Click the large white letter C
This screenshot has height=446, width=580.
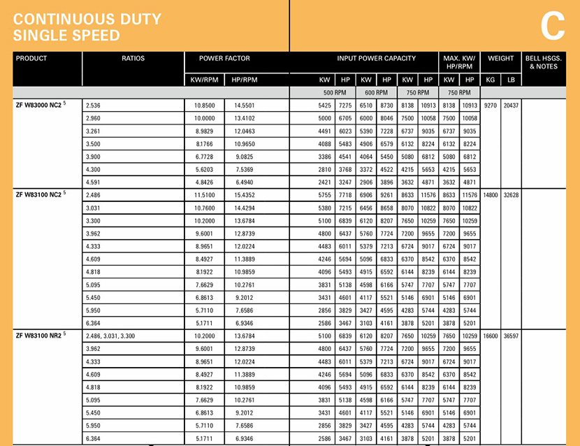pyautogui.click(x=552, y=26)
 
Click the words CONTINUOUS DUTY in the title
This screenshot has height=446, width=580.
pyautogui.click(x=87, y=19)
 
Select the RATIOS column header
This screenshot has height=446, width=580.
pyautogui.click(x=133, y=59)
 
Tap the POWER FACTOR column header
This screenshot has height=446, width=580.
pyautogui.click(x=224, y=59)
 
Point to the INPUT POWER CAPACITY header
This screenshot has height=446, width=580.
pyautogui.click(x=376, y=59)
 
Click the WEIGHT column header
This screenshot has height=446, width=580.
pyautogui.click(x=501, y=59)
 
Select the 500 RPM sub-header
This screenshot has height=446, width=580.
pyautogui.click(x=334, y=92)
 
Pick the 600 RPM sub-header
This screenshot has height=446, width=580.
pyautogui.click(x=375, y=92)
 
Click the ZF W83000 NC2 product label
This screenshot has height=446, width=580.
pyautogui.click(x=41, y=105)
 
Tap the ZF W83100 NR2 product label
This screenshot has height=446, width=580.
pyautogui.click(x=41, y=336)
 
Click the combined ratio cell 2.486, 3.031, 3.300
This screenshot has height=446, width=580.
pyautogui.click(x=110, y=336)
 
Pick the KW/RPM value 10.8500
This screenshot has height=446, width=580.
pyautogui.click(x=205, y=105)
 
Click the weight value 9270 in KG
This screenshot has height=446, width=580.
pyautogui.click(x=491, y=105)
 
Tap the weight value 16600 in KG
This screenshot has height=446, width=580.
pyautogui.click(x=491, y=336)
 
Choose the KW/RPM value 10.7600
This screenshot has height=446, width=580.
pyautogui.click(x=205, y=208)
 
